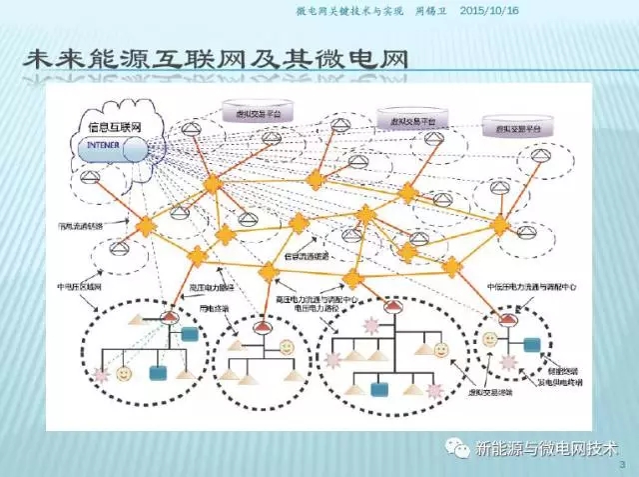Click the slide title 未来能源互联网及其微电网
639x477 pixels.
click(x=215, y=63)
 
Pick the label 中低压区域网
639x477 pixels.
click(x=81, y=287)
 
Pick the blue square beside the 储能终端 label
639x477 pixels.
click(x=532, y=344)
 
